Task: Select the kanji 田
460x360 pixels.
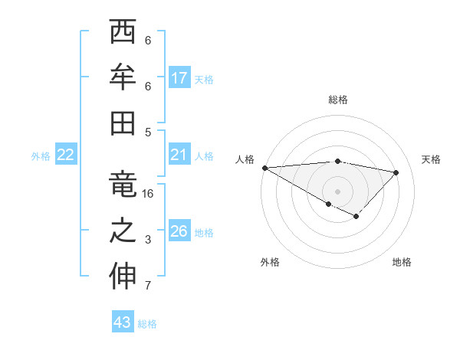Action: (123, 122)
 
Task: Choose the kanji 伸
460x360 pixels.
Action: (123, 277)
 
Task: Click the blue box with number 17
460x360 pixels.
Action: (179, 77)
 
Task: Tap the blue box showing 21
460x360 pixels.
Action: (179, 155)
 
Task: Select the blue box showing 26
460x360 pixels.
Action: (179, 231)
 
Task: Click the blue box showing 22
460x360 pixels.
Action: (66, 155)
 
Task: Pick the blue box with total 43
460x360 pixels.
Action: (123, 322)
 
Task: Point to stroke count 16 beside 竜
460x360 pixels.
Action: (148, 194)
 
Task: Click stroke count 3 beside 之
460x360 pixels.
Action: (148, 240)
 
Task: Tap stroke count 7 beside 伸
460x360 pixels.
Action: (148, 286)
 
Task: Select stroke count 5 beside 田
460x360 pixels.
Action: (148, 132)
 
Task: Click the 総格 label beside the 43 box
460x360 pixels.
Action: (147, 324)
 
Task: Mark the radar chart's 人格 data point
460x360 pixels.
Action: (264, 168)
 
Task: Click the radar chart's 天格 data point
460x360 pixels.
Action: (396, 172)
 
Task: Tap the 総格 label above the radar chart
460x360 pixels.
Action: (337, 100)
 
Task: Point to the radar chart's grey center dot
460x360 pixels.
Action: (337, 190)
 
